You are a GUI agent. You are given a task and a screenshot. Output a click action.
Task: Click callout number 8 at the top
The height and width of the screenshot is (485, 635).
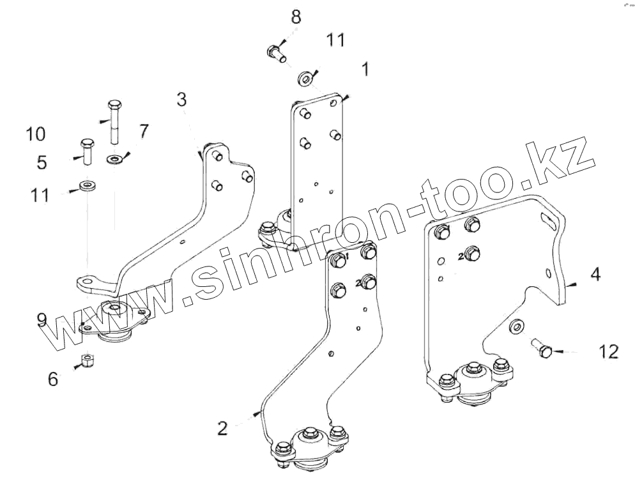click(x=296, y=17)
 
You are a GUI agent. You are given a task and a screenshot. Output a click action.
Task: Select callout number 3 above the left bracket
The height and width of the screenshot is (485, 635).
click(x=182, y=100)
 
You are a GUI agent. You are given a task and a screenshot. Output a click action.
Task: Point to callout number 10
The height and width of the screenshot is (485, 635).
click(x=36, y=134)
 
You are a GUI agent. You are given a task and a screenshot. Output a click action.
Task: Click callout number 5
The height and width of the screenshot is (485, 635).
click(x=42, y=162)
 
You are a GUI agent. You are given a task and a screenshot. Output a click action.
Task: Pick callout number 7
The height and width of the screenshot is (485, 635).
click(x=144, y=132)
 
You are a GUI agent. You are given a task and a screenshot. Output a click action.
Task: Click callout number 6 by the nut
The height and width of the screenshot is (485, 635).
click(x=53, y=379)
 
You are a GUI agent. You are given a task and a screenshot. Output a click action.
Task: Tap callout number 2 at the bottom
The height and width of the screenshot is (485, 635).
click(x=222, y=428)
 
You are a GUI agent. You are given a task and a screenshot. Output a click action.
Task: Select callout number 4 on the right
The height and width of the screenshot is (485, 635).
click(x=595, y=275)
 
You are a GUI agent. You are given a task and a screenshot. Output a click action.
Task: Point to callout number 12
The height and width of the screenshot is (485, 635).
click(x=609, y=351)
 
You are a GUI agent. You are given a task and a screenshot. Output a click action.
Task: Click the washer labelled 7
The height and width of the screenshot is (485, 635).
click(x=115, y=158)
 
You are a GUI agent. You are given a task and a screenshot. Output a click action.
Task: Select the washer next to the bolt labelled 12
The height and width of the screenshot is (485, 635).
click(x=515, y=327)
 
